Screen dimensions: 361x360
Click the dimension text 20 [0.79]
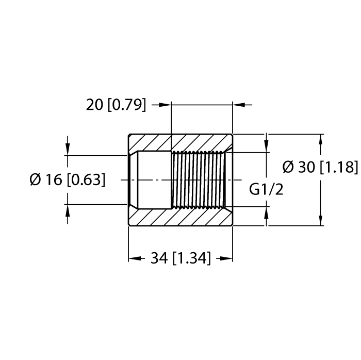(x=116, y=105)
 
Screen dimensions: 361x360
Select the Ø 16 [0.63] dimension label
(x=68, y=179)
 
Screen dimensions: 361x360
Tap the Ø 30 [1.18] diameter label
(x=320, y=167)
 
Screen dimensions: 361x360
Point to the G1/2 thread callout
(x=266, y=190)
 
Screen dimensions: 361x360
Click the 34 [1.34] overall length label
(x=180, y=258)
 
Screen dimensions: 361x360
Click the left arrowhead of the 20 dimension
(x=165, y=105)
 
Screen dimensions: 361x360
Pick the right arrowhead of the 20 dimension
(x=238, y=105)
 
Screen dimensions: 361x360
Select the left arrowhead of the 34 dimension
(x=135, y=258)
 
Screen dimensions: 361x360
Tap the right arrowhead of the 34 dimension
(x=226, y=258)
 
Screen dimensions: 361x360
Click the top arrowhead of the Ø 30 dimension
(x=320, y=140)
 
